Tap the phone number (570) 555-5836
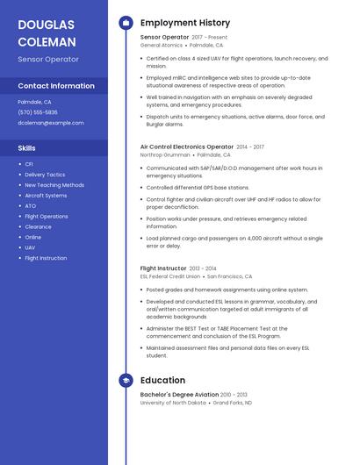tap(38, 112)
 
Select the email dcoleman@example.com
tap(51, 123)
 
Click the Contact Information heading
tap(56, 86)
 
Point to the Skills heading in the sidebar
tap(27, 148)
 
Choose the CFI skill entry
tap(29, 164)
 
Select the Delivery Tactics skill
tap(45, 175)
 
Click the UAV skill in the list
tap(31, 248)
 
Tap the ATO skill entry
tap(30, 206)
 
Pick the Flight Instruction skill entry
tap(46, 259)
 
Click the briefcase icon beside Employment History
tap(126, 23)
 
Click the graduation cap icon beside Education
tap(126, 380)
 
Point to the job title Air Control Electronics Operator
tap(186, 147)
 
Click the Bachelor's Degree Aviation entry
tap(178, 395)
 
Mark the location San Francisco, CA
tap(229, 276)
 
